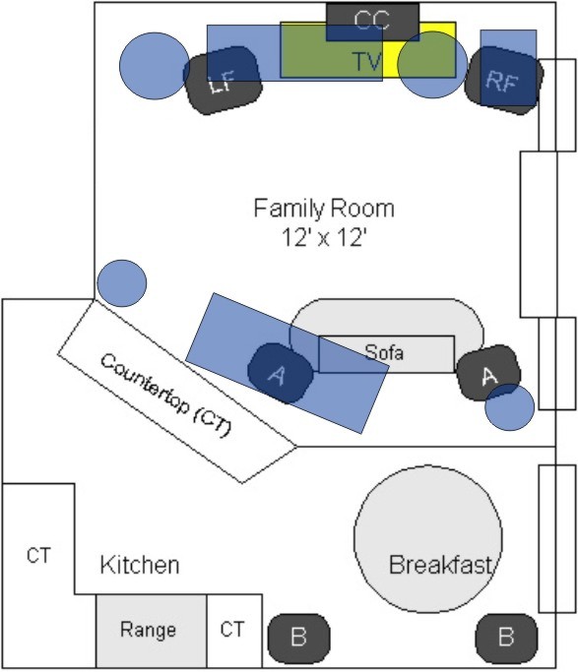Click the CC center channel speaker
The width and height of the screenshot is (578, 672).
(372, 22)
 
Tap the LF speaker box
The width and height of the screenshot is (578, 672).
(223, 80)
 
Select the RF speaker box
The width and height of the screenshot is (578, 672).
(504, 80)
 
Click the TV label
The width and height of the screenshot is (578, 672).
(366, 61)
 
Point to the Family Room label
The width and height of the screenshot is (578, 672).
(324, 209)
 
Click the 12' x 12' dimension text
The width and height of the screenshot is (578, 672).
(324, 237)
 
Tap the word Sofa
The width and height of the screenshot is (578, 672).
(384, 352)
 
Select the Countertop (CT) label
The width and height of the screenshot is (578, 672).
(165, 396)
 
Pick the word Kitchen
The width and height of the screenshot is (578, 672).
(140, 565)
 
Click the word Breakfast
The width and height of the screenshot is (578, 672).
(441, 565)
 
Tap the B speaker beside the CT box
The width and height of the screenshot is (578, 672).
(299, 637)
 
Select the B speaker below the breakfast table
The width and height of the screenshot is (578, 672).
(506, 638)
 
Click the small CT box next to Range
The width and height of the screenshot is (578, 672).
(234, 631)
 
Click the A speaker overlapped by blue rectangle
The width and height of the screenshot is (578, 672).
(281, 374)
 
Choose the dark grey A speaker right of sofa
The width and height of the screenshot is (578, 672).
(488, 373)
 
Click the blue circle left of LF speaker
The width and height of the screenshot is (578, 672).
(155, 66)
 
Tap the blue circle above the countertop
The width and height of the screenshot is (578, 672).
(122, 283)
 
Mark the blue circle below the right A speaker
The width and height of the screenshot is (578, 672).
(510, 407)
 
